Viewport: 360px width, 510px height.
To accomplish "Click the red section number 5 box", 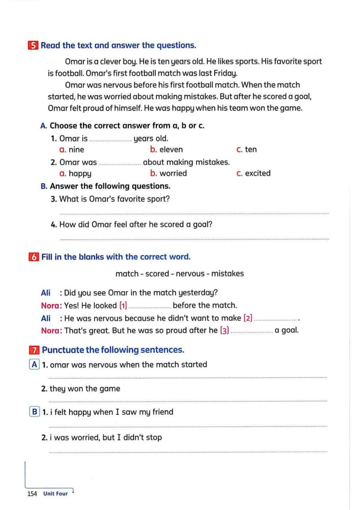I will coord(33,45).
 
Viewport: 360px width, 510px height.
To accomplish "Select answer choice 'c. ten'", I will coord(247,150).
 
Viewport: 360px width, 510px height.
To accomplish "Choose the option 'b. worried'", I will coord(168,173).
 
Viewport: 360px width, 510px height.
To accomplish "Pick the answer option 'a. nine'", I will coord(72,150).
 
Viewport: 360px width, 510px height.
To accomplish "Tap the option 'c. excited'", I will coord(253,173).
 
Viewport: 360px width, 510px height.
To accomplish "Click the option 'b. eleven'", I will coord(166,150).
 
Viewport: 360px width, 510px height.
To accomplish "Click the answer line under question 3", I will coord(194,213).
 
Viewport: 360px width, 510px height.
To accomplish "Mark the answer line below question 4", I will coord(194,239).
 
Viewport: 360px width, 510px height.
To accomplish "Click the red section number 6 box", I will coord(34,257).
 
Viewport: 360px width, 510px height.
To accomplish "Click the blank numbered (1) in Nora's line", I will coord(150,306).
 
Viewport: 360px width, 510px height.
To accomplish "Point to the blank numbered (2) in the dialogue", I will coord(276,319).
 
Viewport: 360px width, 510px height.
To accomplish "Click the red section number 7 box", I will coord(34,350).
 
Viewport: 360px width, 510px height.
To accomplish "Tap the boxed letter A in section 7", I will coord(35,365).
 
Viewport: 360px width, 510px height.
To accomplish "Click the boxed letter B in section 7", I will coord(35,412).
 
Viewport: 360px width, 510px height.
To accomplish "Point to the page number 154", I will coord(32,494).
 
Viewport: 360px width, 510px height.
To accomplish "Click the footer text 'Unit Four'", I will coord(56,494).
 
